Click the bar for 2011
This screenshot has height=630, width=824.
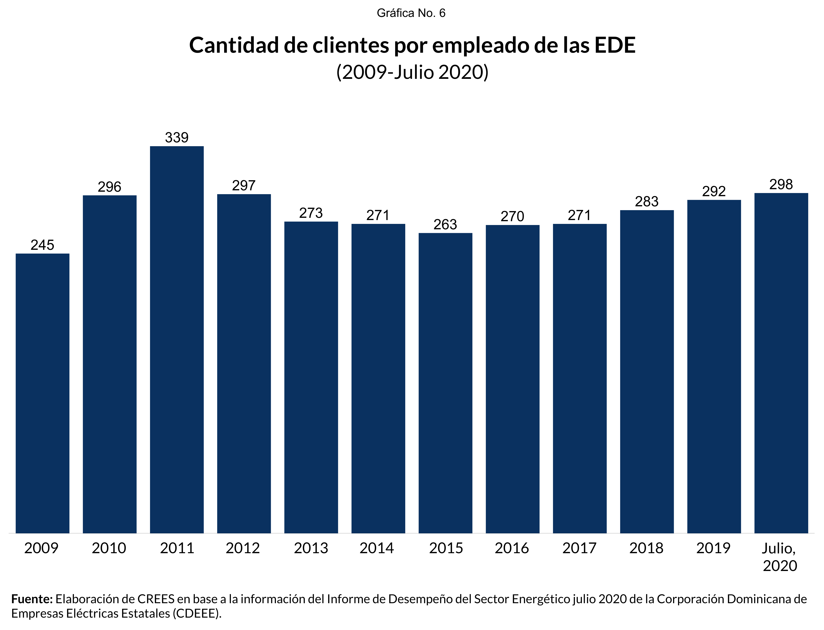(177, 339)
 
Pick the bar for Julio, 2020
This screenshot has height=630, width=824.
(781, 363)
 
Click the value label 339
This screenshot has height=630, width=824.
(177, 138)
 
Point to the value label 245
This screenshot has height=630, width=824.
(42, 245)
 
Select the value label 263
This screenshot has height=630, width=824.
(445, 225)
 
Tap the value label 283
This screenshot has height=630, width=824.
(646, 202)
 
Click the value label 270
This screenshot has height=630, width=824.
(512, 216)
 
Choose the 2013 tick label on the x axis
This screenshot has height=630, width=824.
(311, 548)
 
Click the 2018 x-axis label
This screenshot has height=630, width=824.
(646, 548)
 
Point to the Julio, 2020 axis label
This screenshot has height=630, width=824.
(780, 557)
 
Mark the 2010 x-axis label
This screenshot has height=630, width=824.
(109, 548)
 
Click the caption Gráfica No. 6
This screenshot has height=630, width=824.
(411, 13)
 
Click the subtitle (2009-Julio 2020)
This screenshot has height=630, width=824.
(412, 72)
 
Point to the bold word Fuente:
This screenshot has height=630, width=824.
(32, 599)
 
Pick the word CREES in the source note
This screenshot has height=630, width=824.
(156, 599)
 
